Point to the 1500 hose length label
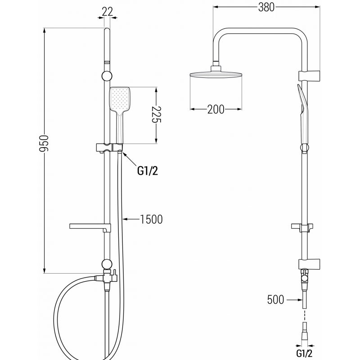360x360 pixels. (x=151, y=219)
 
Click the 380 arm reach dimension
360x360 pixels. (x=266, y=7)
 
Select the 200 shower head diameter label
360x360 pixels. (x=216, y=109)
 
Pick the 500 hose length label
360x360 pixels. (x=275, y=299)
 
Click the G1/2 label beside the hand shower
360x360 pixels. (x=147, y=170)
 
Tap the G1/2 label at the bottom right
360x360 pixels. (x=305, y=351)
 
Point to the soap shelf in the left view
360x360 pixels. (x=88, y=225)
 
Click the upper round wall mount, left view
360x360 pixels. (x=107, y=75)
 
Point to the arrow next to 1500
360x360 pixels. (x=130, y=219)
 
